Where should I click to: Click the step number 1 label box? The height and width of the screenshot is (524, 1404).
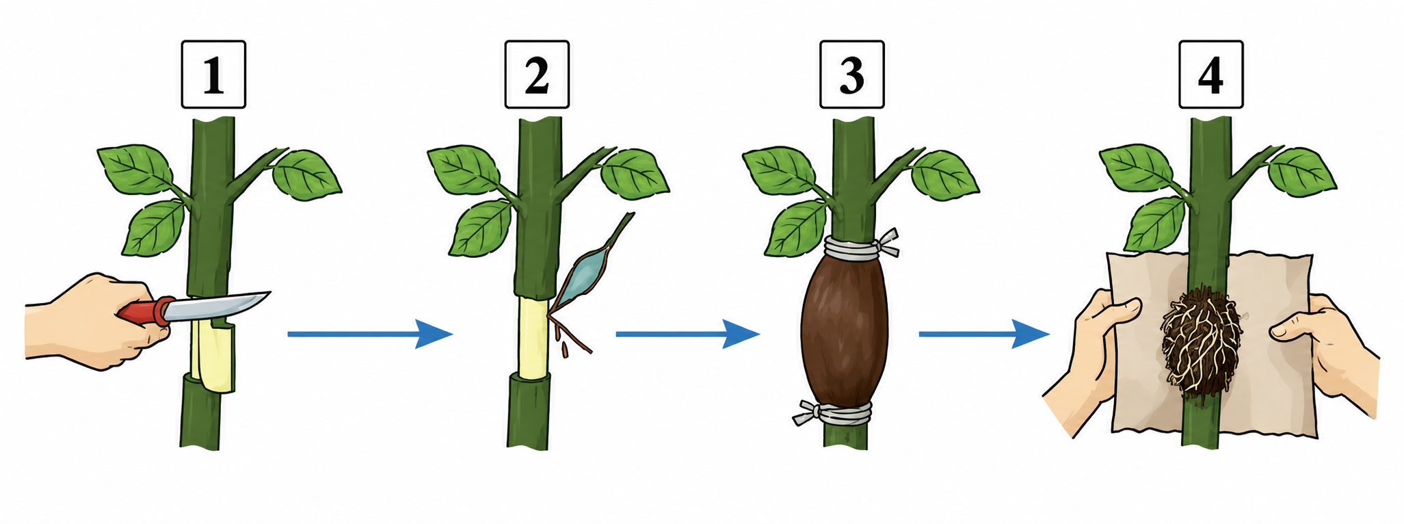point(213,75)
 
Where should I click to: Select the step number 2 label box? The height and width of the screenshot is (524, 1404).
point(537,75)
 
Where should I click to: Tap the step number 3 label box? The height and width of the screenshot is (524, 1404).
point(852,75)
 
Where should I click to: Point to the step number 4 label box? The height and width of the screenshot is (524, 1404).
point(1211,75)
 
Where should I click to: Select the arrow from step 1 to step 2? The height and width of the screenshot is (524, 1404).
point(370,334)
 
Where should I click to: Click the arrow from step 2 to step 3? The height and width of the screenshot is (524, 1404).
point(688,334)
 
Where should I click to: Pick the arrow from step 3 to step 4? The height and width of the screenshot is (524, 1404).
point(984,334)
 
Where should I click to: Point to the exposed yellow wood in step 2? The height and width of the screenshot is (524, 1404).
point(531,337)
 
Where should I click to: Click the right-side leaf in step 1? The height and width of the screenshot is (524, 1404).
point(306,174)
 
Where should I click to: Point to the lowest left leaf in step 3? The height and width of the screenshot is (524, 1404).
point(797,227)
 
